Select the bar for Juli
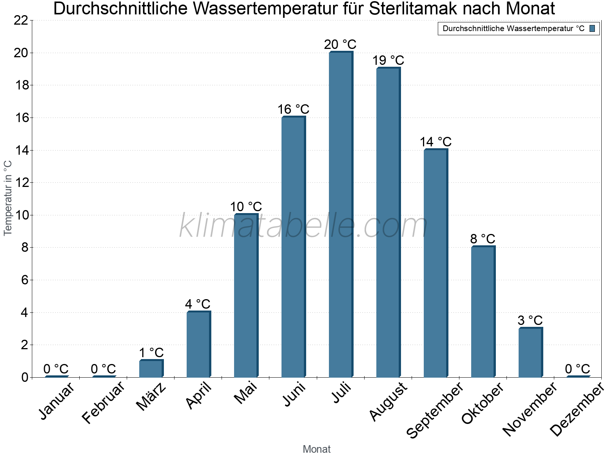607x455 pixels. (x=341, y=215)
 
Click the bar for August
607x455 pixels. (x=388, y=223)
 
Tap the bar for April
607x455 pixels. (x=198, y=344)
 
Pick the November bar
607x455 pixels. (x=530, y=352)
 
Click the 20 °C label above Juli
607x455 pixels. (x=340, y=44)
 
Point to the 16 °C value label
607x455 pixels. (x=293, y=110)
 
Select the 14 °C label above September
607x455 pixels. (x=436, y=142)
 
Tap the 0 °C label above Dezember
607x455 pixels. (x=577, y=369)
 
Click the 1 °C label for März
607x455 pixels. (x=151, y=353)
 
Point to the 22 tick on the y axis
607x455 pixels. (x=21, y=20)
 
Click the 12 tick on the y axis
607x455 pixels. (x=21, y=183)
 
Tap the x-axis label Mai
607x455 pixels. (x=246, y=393)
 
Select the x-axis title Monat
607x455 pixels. (x=317, y=449)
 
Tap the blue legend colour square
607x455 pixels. (x=592, y=28)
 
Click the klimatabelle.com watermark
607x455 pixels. (x=303, y=226)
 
